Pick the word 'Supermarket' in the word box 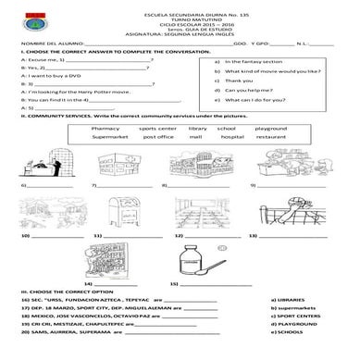click(x=112, y=137)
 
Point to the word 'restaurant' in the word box click(x=271, y=137)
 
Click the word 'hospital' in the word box click(x=232, y=137)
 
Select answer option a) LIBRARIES click(x=287, y=300)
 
